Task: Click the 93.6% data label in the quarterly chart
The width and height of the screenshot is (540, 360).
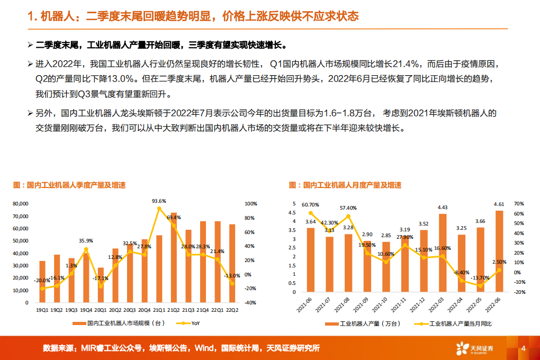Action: pyautogui.click(x=159, y=201)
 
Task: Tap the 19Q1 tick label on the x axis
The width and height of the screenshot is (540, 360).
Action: pyautogui.click(x=42, y=310)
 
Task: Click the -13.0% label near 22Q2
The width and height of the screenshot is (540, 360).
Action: pyautogui.click(x=232, y=276)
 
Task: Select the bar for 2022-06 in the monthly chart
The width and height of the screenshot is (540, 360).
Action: pyautogui.click(x=499, y=251)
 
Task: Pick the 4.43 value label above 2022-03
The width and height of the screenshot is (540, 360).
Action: pyautogui.click(x=443, y=208)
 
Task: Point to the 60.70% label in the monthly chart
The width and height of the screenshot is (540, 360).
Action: pyautogui.click(x=311, y=205)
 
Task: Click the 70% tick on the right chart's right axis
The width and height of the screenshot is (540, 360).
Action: pyautogui.click(x=518, y=204)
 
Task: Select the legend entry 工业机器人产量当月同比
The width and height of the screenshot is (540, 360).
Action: pyautogui.click(x=456, y=323)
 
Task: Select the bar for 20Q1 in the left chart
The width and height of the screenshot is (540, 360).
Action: pyautogui.click(x=101, y=285)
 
